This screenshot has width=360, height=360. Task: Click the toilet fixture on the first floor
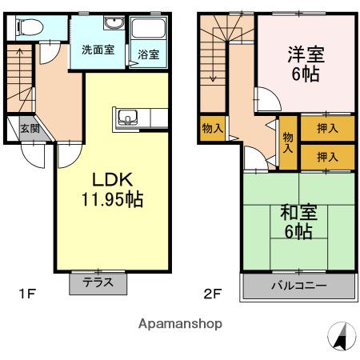[x=30, y=27]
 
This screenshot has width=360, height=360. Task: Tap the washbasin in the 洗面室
[x=114, y=23]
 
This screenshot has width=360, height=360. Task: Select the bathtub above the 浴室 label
[x=149, y=28]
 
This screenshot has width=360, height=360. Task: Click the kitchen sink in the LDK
[x=128, y=118]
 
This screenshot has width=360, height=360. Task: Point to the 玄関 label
[x=30, y=129]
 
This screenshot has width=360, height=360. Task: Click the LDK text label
[x=112, y=179]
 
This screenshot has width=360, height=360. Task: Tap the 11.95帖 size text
[x=112, y=199]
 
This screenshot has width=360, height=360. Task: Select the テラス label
[x=98, y=282]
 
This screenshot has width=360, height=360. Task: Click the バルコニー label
[x=299, y=286]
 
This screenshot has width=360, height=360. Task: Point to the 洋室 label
[x=306, y=54]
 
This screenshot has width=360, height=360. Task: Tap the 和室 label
[x=298, y=213]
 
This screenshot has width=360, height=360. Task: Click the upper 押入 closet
[x=328, y=128]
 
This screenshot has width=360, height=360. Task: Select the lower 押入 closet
[x=328, y=157]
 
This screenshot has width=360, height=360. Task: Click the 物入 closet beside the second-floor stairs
[x=213, y=128]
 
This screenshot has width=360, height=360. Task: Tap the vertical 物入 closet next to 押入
[x=288, y=142]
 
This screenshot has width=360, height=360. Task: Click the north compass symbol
[x=342, y=336]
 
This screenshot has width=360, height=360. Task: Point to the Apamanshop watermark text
[x=180, y=324]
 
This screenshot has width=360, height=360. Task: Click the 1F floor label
[x=27, y=294]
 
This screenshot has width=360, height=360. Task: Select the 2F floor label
[x=213, y=294]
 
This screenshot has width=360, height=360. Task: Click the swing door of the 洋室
[x=268, y=99]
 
